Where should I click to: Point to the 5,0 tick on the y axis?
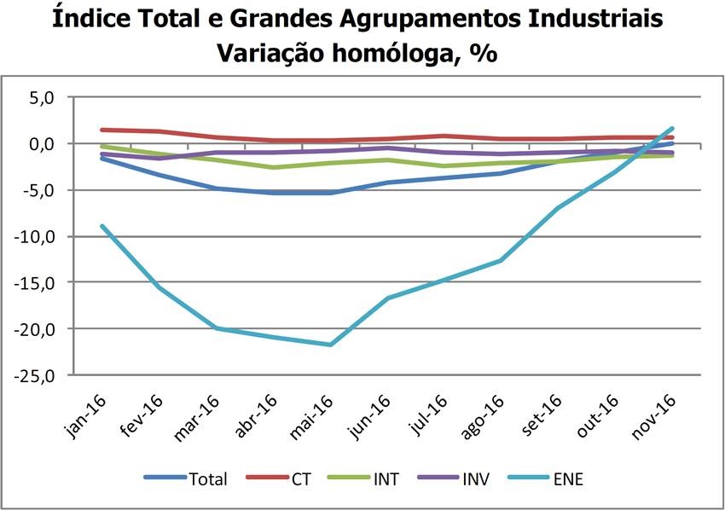(40, 97)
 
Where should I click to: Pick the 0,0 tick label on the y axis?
(40, 143)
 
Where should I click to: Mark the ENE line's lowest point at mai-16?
(329, 345)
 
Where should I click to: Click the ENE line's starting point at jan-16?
(101, 226)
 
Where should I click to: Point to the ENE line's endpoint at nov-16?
(672, 129)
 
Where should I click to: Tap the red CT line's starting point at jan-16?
(101, 130)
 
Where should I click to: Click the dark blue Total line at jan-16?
(101, 158)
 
